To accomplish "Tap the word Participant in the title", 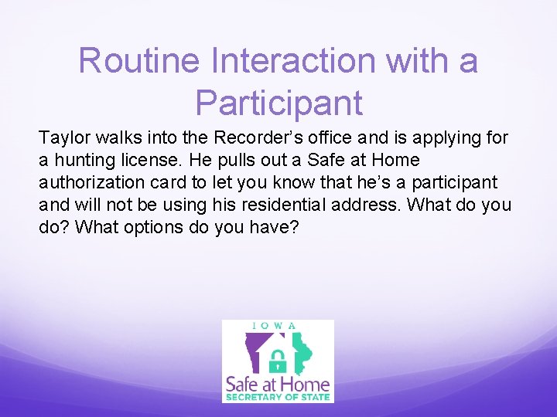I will pyautogui.click(x=278, y=103).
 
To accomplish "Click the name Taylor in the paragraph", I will pyautogui.click(x=63, y=138).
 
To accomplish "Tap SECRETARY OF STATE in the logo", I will pyautogui.click(x=278, y=397).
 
